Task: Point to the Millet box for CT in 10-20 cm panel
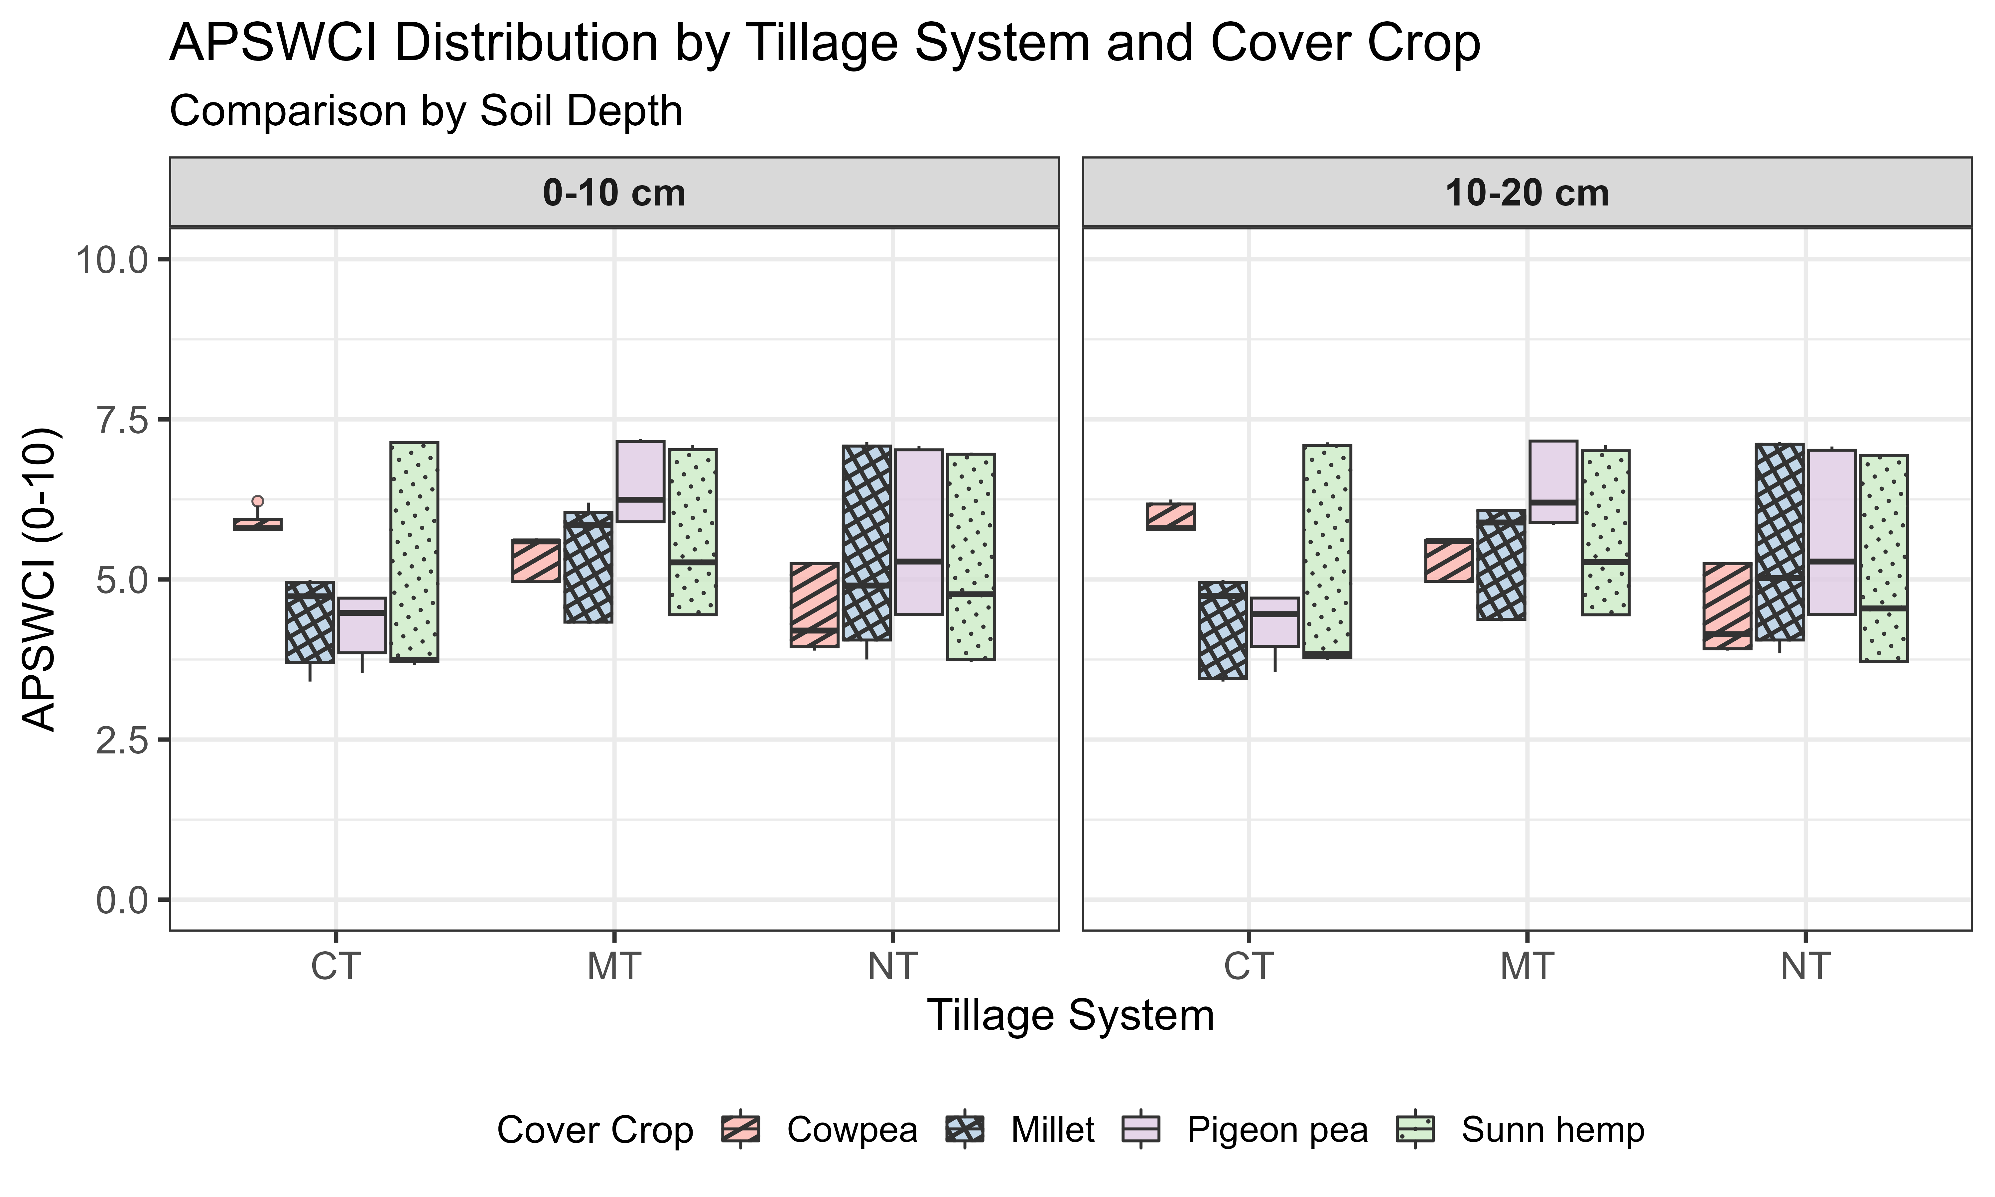[x=1223, y=630]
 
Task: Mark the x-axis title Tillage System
[x=1070, y=1015]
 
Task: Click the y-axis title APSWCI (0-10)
[x=39, y=579]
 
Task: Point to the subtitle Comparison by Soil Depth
[x=426, y=111]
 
